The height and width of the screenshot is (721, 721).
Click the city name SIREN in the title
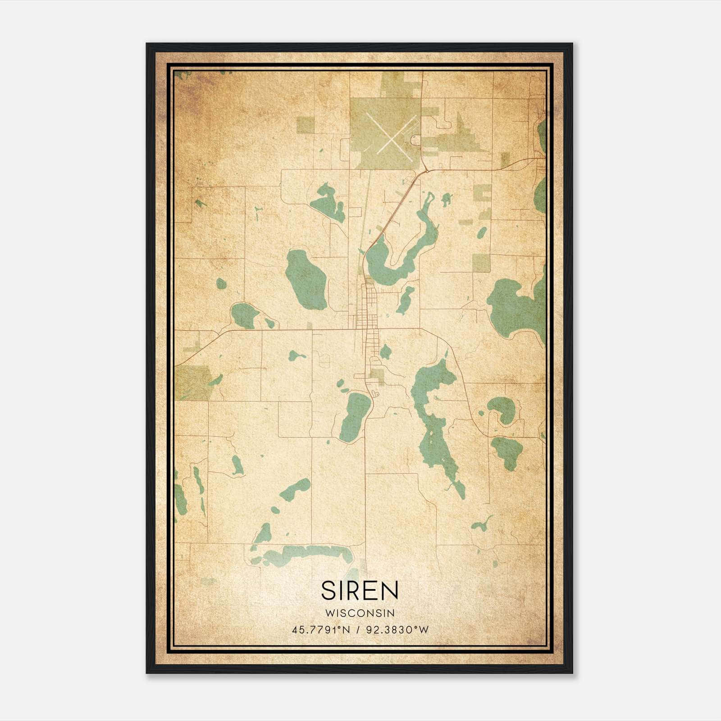tap(360, 590)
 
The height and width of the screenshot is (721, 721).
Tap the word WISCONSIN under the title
tap(360, 613)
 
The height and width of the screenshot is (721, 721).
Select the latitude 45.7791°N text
tap(321, 630)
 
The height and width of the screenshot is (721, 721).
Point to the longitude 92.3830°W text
tap(397, 630)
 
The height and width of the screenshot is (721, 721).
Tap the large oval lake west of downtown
tap(306, 279)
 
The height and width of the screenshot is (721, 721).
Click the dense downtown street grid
tap(367, 311)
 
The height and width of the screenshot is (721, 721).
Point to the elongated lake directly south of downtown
tap(355, 417)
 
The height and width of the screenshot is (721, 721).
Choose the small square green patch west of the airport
tap(305, 125)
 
